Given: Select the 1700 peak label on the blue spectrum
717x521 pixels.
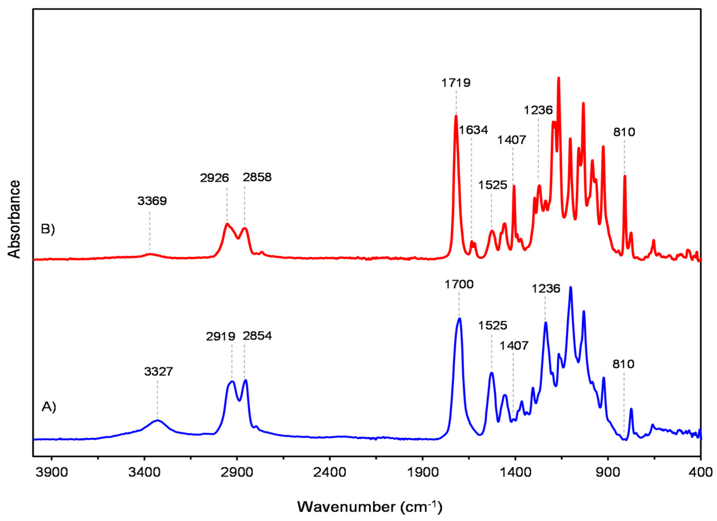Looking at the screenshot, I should [459, 285].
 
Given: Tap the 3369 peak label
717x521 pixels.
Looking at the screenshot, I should [152, 201].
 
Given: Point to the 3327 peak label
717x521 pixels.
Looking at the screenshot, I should [159, 372].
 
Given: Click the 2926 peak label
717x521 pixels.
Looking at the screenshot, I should [214, 178].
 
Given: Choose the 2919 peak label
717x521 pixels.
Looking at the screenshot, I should [221, 336].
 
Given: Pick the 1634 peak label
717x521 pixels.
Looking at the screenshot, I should [474, 130].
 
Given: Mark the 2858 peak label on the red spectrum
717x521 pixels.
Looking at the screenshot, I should [257, 177].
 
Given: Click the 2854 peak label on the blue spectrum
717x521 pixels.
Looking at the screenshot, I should [257, 336].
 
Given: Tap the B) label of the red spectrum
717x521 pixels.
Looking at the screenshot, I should [48, 229].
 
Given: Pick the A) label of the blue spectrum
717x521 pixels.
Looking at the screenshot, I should [49, 407].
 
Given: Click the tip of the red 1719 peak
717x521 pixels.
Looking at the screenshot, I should [456, 116].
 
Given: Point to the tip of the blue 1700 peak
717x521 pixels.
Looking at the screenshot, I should [459, 319].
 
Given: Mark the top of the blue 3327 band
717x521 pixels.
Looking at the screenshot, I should [157, 420].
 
